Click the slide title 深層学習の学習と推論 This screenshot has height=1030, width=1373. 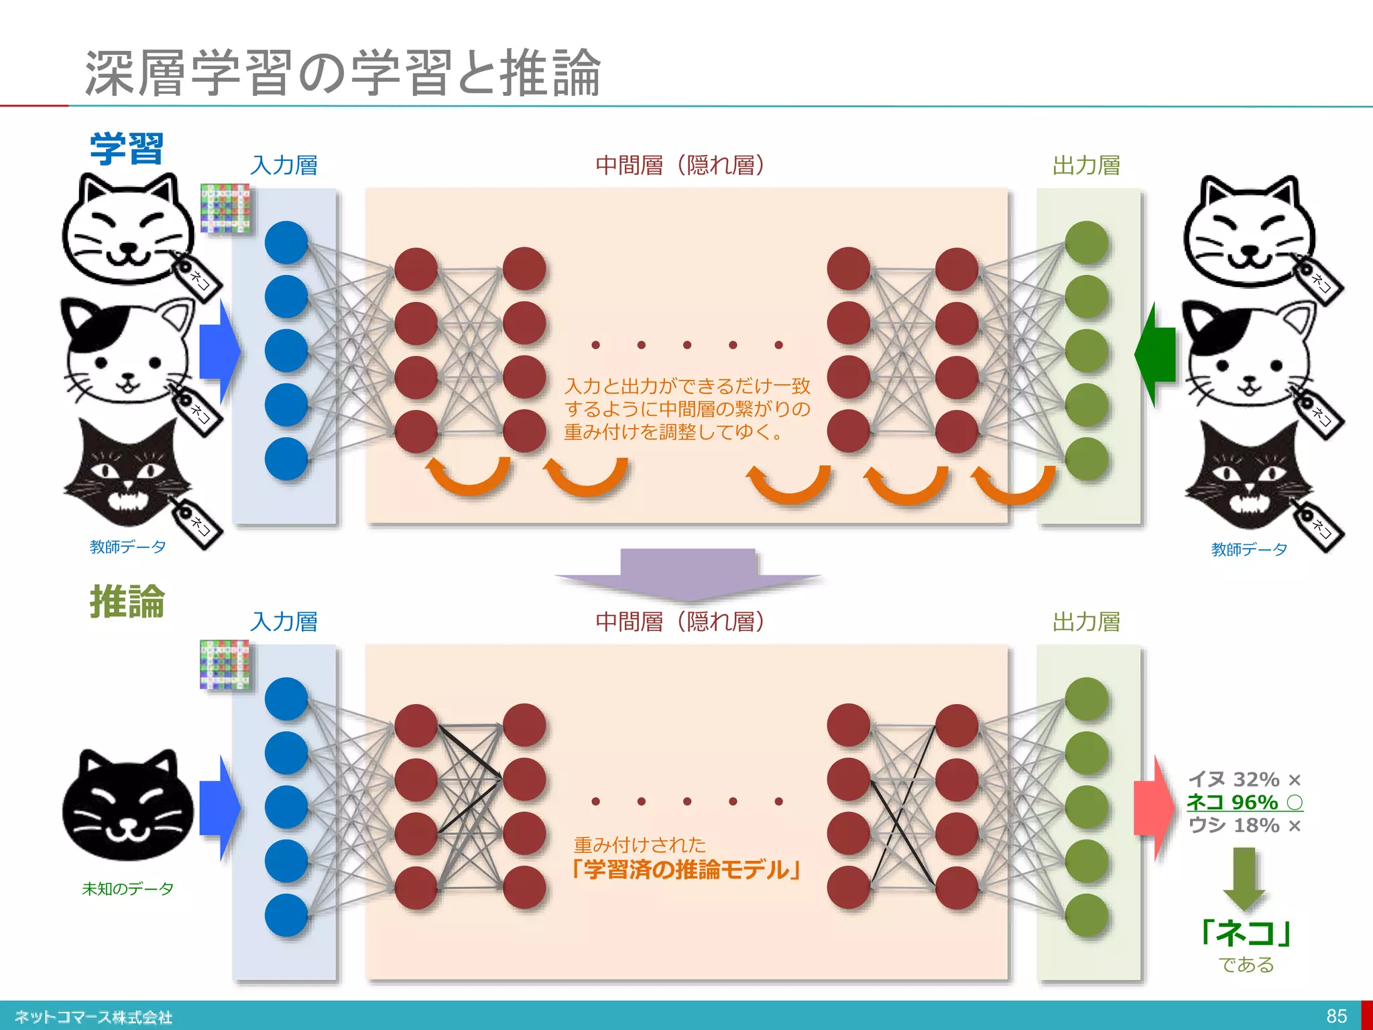[342, 72]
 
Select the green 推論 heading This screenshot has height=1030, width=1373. [127, 602]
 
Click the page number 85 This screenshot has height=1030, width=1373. [1336, 1016]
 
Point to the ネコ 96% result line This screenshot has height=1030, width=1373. [1244, 802]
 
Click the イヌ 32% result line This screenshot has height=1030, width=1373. [1244, 779]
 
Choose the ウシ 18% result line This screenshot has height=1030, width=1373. [1244, 825]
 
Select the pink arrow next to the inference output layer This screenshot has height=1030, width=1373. [1153, 807]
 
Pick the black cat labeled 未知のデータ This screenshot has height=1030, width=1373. [127, 805]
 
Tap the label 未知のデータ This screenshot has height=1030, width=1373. [127, 889]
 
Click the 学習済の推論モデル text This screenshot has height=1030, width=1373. [686, 870]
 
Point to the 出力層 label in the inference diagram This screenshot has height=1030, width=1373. [1086, 622]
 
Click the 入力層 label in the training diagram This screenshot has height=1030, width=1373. [284, 165]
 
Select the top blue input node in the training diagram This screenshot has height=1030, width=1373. [286, 242]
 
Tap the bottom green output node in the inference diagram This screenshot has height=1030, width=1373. [1086, 915]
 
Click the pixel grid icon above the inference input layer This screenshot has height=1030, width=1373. [225, 665]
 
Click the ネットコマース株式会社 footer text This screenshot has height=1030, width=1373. [93, 1017]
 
